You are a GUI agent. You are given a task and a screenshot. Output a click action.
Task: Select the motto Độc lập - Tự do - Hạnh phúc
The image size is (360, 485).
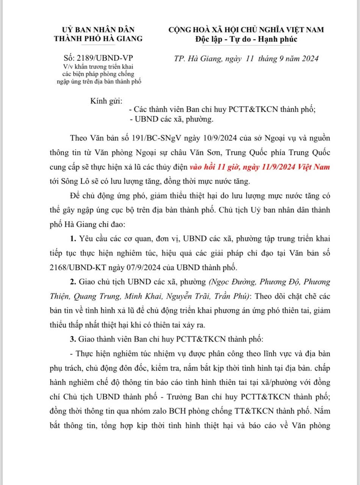pyautogui.click(x=246, y=39)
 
